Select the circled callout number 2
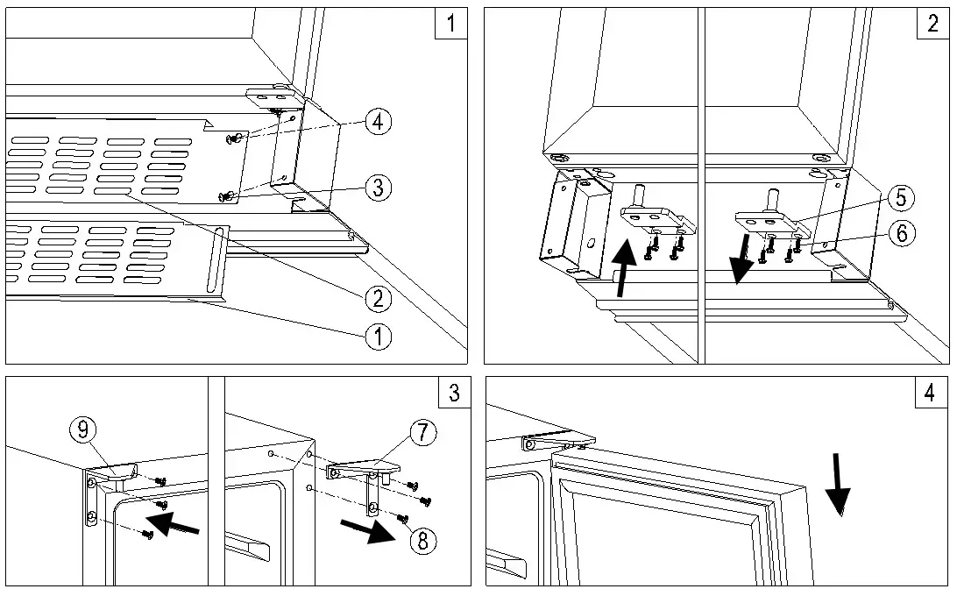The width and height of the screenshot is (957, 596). [x=379, y=298]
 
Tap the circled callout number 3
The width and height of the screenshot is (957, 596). [x=379, y=186]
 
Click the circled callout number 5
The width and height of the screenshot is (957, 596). [x=900, y=198]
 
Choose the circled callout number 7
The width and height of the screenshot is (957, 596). [x=422, y=432]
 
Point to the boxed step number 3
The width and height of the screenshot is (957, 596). [x=454, y=393]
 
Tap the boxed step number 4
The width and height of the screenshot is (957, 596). [x=931, y=393]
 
